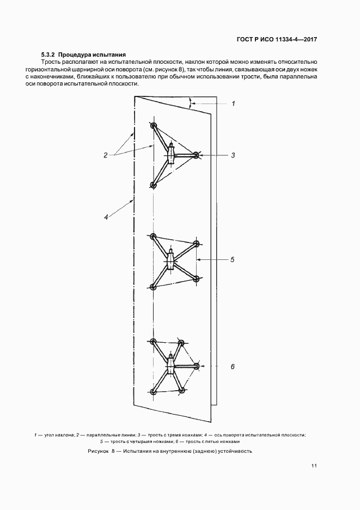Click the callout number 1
click(x=233, y=103)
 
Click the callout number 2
click(x=106, y=155)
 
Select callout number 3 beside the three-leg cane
click(x=233, y=155)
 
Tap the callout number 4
click(x=106, y=217)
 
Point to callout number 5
click(x=233, y=260)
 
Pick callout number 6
click(x=233, y=367)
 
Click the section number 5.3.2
click(x=48, y=55)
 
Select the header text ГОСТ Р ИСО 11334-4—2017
click(x=277, y=40)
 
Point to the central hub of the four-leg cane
click(x=171, y=260)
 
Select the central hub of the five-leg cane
click(x=171, y=367)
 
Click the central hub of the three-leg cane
click(x=171, y=155)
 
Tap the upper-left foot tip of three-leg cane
click(x=154, y=126)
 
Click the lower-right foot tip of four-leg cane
click(x=197, y=278)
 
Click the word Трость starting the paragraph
click(x=52, y=63)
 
